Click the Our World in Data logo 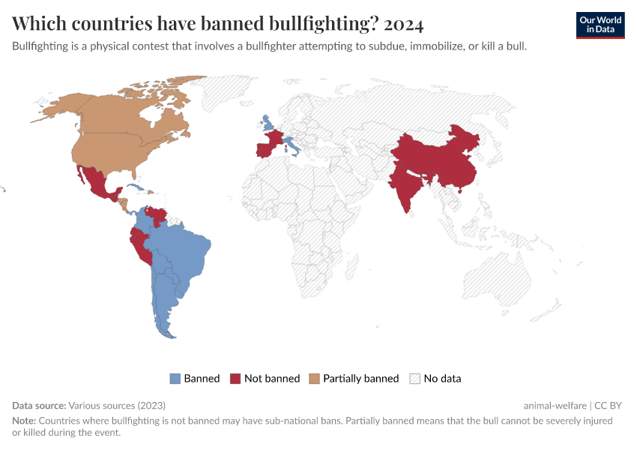(x=600, y=25)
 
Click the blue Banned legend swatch (x=175, y=379)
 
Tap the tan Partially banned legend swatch (x=315, y=379)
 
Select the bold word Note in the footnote (x=23, y=421)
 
